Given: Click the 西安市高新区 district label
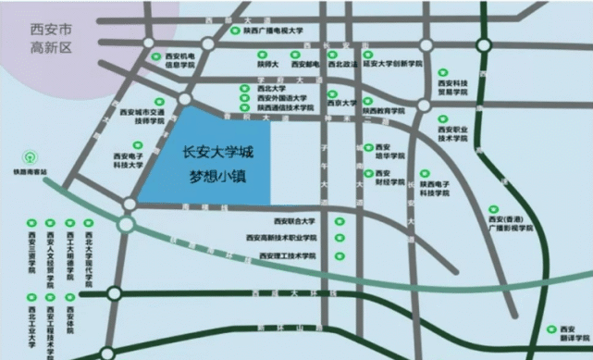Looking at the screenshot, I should [x=51, y=39].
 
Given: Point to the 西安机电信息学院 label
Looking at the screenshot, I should [x=179, y=61].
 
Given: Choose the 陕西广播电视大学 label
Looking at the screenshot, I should [x=273, y=31].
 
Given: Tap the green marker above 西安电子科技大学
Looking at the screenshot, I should [x=138, y=144].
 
